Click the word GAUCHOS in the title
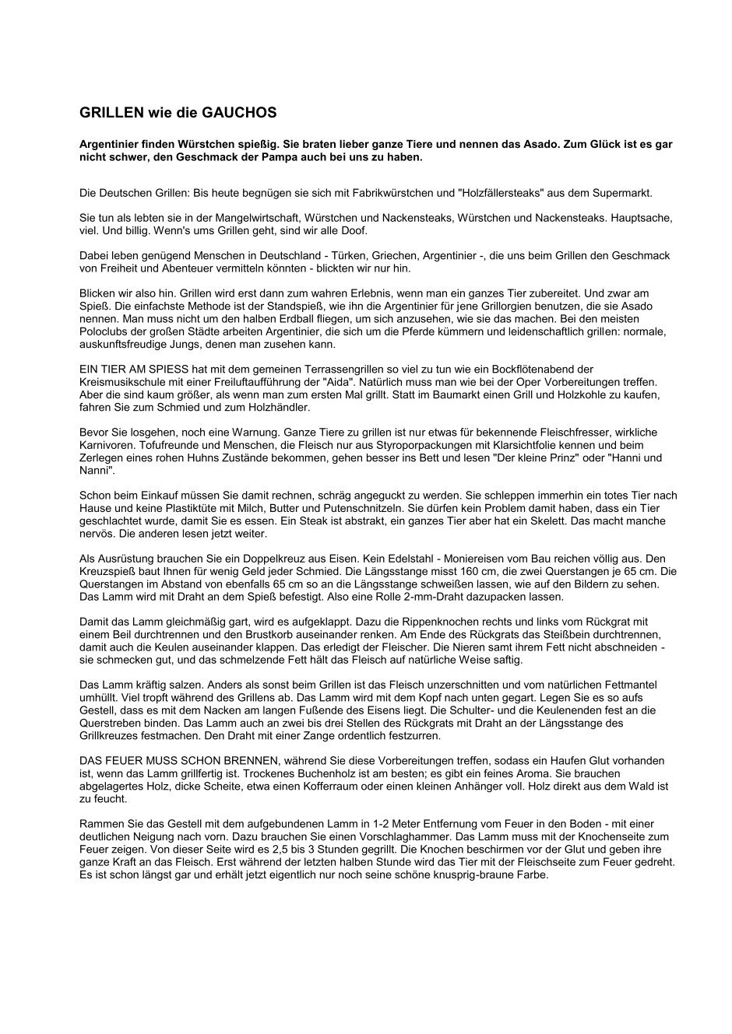tap(239, 113)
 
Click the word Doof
tap(352, 231)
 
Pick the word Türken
tap(326, 255)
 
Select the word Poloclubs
tap(102, 332)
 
